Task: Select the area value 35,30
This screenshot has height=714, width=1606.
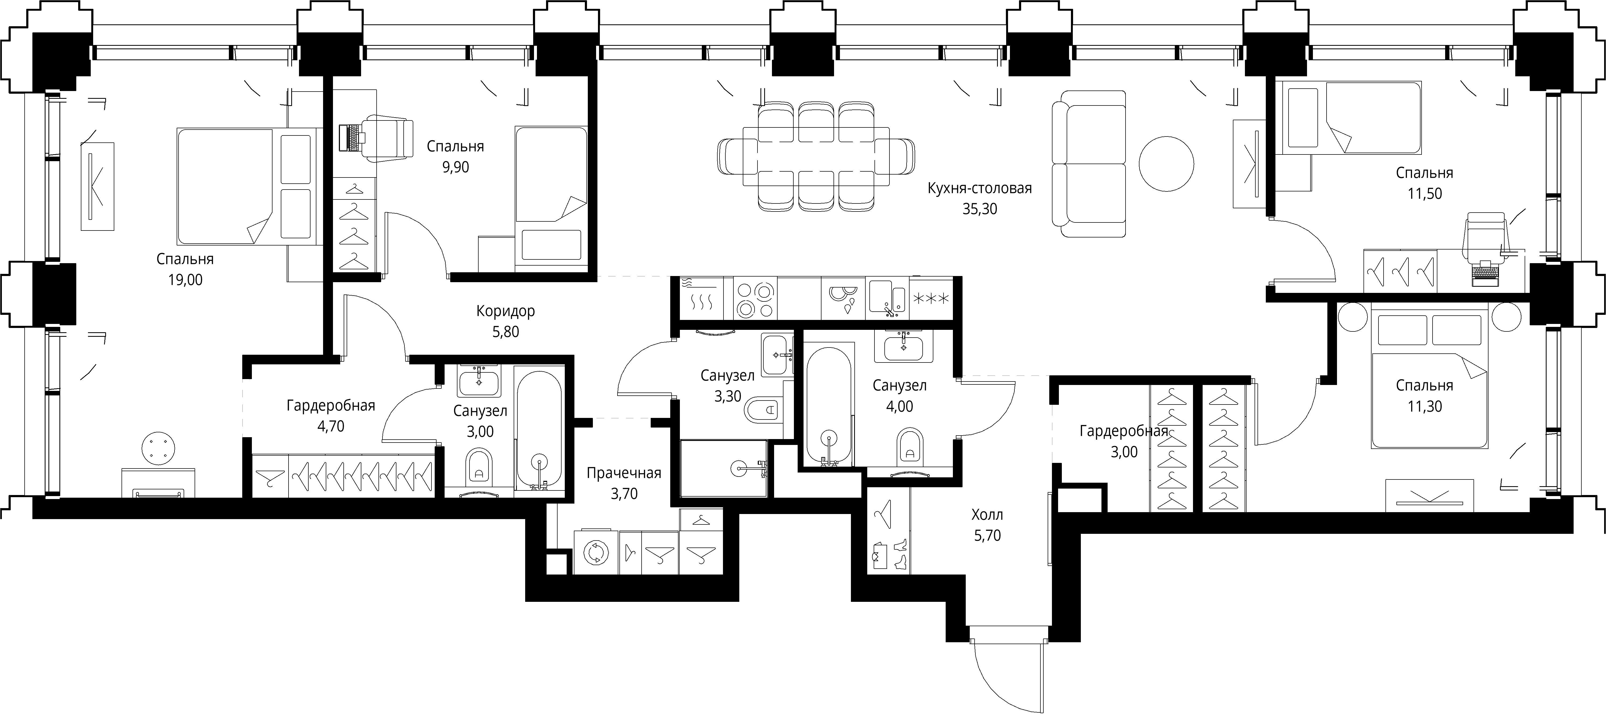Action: tap(979, 209)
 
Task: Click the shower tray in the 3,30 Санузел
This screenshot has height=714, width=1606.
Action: tap(723, 468)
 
